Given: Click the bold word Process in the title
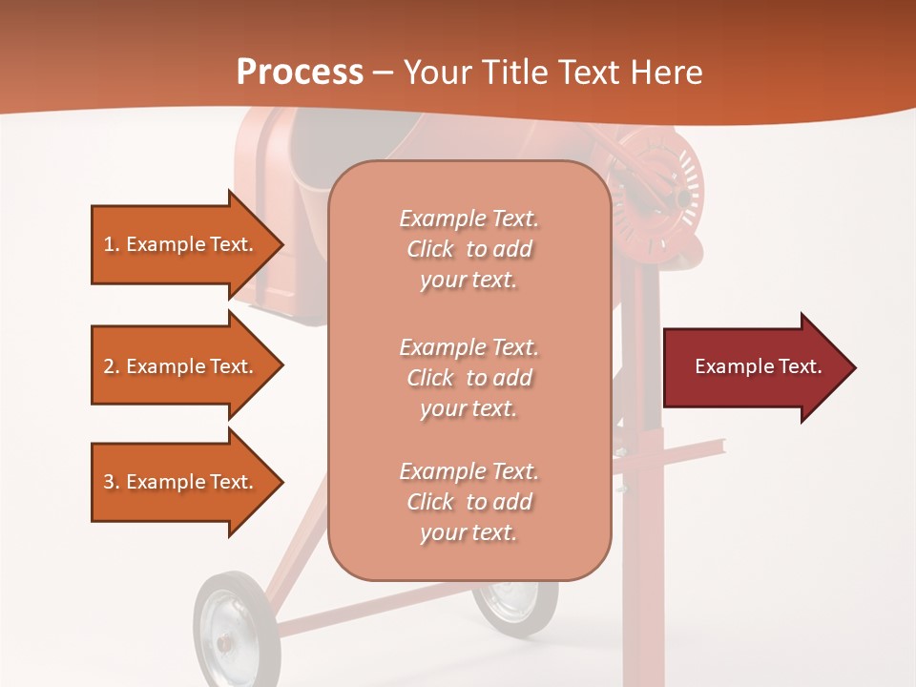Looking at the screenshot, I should point(300,72).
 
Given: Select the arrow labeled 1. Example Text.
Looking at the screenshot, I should point(181,244).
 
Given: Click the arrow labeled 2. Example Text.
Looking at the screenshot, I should point(181,366).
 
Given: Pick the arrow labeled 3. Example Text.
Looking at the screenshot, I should point(181,482).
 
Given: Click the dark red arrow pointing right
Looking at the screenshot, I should point(754,367).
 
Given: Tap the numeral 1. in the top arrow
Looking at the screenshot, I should point(111,244).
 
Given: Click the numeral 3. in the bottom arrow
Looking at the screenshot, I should point(111,482).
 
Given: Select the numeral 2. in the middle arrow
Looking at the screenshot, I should point(111,366).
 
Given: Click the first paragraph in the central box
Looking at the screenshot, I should point(468,249).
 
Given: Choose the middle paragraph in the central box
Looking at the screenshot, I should point(468,378).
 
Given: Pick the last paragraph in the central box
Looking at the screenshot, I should point(468,502).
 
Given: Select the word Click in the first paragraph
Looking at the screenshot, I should point(430,249).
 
